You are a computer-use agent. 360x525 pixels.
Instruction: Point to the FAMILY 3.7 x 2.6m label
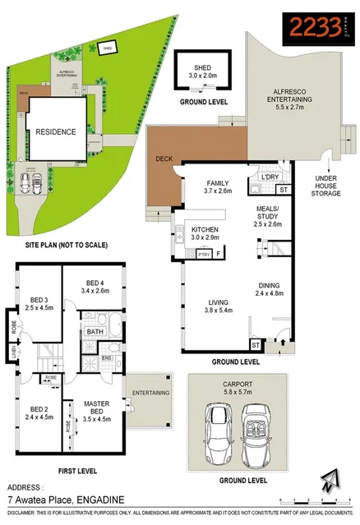pyautogui.click(x=218, y=187)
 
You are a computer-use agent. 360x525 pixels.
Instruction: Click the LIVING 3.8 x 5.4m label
pyautogui.click(x=219, y=306)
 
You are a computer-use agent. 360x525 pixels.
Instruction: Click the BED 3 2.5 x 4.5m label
pyautogui.click(x=39, y=303)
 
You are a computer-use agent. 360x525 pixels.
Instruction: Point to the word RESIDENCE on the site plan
pyautogui.click(x=54, y=131)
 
